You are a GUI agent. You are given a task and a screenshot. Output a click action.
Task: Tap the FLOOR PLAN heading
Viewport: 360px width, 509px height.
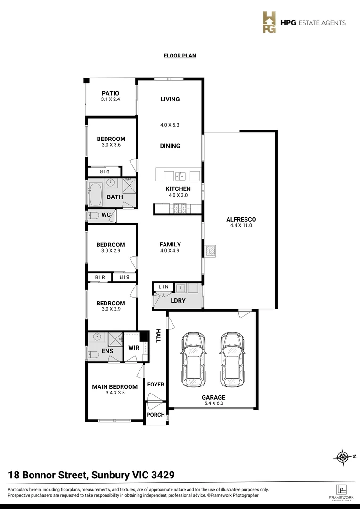180,56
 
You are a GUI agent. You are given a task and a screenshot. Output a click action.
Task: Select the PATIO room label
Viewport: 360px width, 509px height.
110,93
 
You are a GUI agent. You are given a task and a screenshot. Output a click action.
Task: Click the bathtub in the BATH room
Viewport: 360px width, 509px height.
96,195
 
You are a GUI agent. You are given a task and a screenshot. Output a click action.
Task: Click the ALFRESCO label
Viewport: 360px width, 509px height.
241,219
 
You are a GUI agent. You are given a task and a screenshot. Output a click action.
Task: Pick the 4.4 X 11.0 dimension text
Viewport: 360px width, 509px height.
241,226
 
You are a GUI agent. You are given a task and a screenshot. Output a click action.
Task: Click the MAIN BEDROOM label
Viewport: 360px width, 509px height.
115,387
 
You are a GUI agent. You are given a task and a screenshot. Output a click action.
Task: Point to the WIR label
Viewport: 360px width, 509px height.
134,348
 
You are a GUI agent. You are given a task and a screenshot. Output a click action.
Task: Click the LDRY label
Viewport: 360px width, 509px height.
178,300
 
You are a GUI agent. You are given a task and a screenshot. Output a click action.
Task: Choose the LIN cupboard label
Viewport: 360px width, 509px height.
164,287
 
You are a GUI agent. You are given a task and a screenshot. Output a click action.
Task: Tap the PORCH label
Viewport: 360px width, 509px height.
155,415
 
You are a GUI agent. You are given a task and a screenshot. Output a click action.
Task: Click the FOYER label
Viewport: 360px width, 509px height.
155,385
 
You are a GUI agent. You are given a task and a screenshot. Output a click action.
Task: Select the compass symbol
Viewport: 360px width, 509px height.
342,456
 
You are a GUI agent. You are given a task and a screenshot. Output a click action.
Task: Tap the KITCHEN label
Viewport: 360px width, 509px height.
178,189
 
